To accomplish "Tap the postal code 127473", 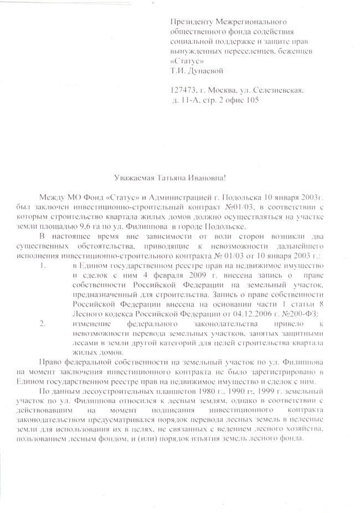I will [x=184, y=90].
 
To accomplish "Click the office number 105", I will [x=251, y=100].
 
